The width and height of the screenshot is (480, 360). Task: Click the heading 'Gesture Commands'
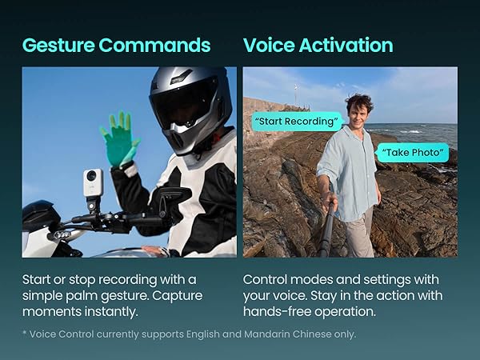[116, 45]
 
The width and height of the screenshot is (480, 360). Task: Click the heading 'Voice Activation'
[318, 45]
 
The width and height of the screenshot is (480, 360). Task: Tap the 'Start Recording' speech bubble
[297, 122]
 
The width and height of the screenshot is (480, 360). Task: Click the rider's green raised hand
[119, 138]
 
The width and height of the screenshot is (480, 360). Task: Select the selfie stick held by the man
[327, 224]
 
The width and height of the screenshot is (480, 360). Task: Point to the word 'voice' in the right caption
[294, 296]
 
